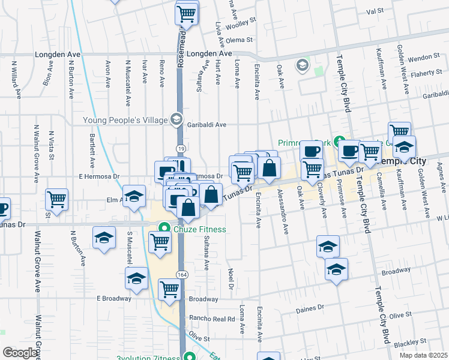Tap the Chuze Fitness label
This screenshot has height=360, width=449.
click(x=200, y=229)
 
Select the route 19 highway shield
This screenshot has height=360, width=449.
click(x=179, y=148)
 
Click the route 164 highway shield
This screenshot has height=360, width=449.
click(x=181, y=274)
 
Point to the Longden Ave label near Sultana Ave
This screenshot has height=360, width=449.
click(x=209, y=53)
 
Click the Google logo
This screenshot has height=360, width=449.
click(x=21, y=353)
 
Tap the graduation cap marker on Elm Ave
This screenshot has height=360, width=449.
click(x=134, y=196)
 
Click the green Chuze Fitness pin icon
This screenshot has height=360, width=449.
click(x=164, y=229)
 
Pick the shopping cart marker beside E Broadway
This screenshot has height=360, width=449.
click(x=170, y=289)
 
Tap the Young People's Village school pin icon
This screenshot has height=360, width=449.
click(x=176, y=120)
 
